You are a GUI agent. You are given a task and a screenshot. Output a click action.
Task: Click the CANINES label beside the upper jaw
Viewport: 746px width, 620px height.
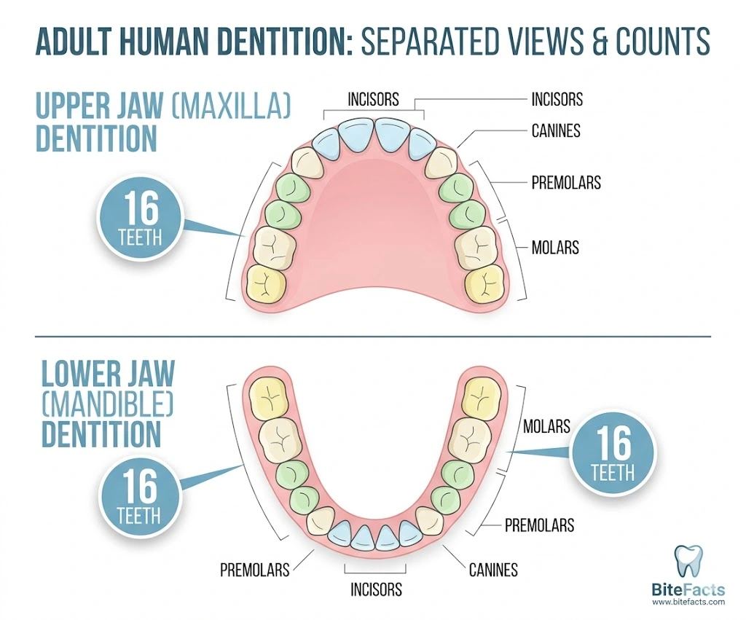tap(555, 131)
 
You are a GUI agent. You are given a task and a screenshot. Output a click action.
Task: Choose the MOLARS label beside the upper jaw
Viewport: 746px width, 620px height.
tap(555, 248)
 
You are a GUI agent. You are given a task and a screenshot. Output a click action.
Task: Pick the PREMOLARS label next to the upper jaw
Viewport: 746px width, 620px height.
tap(566, 182)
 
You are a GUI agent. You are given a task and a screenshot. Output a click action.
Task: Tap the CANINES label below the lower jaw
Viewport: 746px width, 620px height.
tap(493, 569)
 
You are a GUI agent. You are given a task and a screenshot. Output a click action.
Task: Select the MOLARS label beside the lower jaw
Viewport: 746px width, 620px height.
tap(546, 425)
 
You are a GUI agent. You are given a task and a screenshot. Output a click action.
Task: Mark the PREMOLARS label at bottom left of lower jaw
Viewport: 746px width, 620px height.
tap(255, 569)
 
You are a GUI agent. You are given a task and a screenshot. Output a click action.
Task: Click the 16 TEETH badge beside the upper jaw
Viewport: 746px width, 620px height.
tap(140, 219)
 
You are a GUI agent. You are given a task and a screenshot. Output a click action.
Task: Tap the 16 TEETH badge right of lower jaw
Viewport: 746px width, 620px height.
tap(613, 454)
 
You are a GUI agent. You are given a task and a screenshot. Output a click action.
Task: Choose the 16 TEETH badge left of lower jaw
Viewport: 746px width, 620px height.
tap(138, 495)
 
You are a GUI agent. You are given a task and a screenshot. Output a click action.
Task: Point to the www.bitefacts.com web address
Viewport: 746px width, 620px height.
tap(689, 602)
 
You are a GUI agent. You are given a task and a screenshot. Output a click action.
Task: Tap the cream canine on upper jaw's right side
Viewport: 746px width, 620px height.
tap(441, 162)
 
